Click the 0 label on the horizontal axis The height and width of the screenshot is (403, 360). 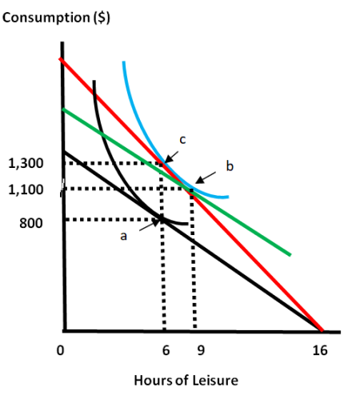[60, 350]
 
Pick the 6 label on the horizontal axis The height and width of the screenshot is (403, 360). [166, 350]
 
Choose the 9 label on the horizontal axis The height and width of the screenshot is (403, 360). [200, 350]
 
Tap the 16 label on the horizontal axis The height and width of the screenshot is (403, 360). [321, 350]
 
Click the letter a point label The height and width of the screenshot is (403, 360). [123, 235]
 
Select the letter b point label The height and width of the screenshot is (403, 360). [229, 166]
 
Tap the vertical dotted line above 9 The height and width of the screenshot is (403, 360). [194, 264]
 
